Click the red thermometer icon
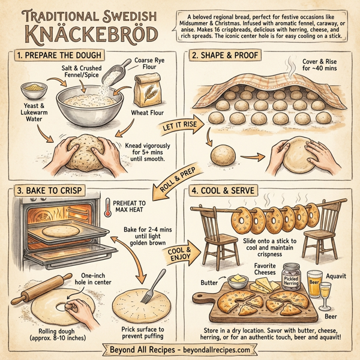[109, 206]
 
